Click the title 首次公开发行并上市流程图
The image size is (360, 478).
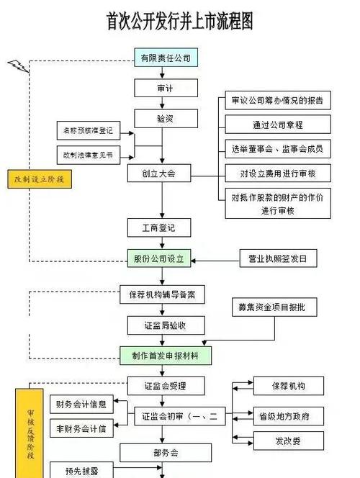pos(180,21)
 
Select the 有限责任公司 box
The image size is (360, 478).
pos(165,58)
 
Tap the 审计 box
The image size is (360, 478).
pos(165,87)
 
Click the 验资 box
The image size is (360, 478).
pos(165,117)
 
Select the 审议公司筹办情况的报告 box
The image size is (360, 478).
pos(277,100)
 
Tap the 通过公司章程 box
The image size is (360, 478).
pos(277,124)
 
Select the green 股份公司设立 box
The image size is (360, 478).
pos(160,258)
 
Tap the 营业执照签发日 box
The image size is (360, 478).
pos(277,258)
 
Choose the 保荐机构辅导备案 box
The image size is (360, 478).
pos(162,295)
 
